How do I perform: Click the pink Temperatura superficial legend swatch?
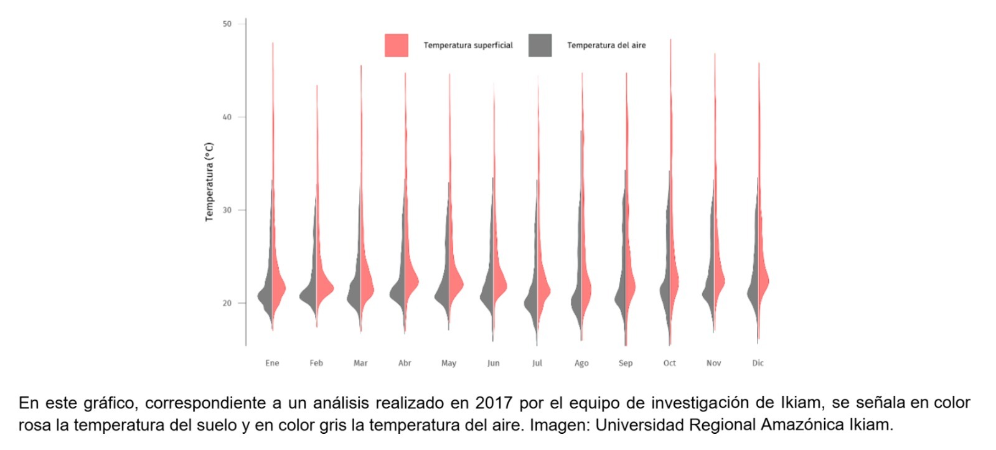point(396,45)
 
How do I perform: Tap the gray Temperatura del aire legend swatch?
point(540,45)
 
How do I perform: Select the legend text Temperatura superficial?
point(468,45)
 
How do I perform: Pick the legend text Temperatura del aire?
point(606,45)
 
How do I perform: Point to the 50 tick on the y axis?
point(227,24)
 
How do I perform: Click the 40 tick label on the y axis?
point(227,117)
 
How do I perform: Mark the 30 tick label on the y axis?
point(227,210)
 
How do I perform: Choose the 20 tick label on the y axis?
point(227,303)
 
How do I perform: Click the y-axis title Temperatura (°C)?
point(209,182)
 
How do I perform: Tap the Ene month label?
point(272,363)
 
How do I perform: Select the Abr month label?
point(405,363)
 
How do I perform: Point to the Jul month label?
point(537,363)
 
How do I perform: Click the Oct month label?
point(669,363)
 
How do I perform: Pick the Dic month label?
point(758,363)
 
